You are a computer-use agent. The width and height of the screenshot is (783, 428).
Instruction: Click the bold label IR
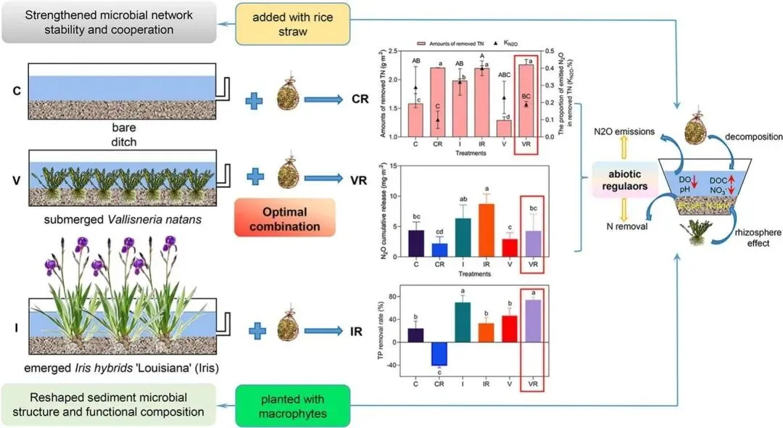[x=357, y=332]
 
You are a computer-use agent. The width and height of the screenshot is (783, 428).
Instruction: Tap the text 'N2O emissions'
[x=625, y=133]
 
